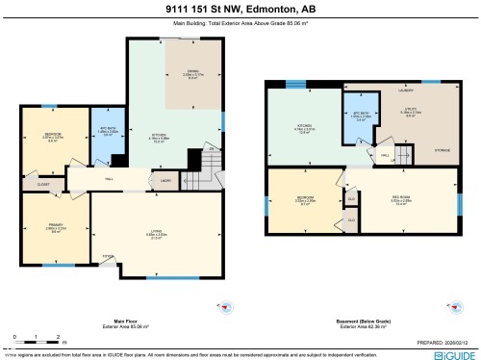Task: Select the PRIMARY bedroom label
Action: [x=56, y=228]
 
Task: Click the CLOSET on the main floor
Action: [x=44, y=184]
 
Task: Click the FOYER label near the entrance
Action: [x=108, y=256]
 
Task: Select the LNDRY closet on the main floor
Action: [x=165, y=180]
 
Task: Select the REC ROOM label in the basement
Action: [x=404, y=202]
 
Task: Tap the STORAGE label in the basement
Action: [x=442, y=150]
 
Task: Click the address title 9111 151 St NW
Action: [x=240, y=8]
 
